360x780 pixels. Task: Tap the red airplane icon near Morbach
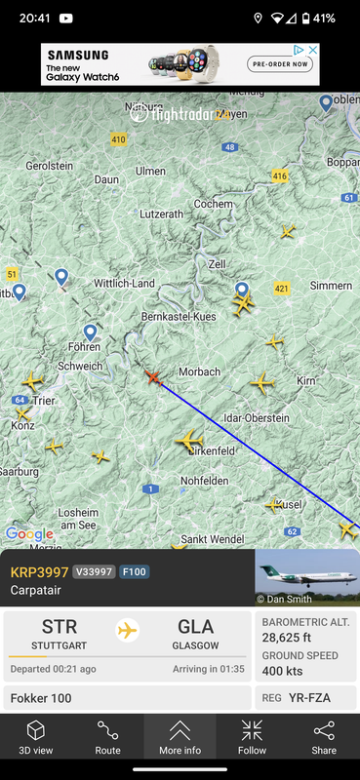(x=152, y=376)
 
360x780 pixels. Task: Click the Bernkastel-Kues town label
(x=179, y=318)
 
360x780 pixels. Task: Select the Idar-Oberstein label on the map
(x=257, y=418)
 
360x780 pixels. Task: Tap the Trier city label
(x=45, y=401)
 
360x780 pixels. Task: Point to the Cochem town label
(x=214, y=204)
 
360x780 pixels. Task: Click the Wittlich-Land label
(x=124, y=284)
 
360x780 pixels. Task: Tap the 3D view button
(x=36, y=738)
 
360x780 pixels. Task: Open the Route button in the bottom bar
(x=108, y=738)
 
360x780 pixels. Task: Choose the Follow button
(x=252, y=738)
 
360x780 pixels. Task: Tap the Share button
(x=324, y=738)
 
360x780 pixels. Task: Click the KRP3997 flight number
(x=38, y=572)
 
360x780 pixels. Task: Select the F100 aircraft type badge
(x=135, y=572)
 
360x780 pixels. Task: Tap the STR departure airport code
(x=60, y=627)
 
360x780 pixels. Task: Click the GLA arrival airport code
(x=196, y=627)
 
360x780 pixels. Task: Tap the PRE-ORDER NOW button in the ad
(x=281, y=64)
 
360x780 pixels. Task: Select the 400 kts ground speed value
(x=282, y=670)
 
